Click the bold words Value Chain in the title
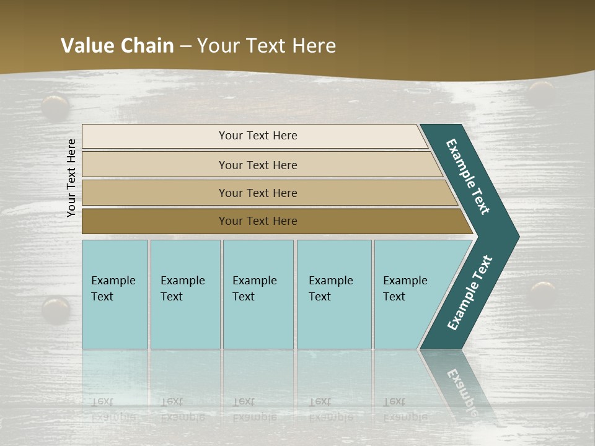[117, 46]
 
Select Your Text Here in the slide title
[267, 46]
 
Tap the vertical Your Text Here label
[71, 178]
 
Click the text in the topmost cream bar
[258, 136]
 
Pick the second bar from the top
[258, 165]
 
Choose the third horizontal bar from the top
[258, 193]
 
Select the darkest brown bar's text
[258, 221]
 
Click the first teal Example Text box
[114, 289]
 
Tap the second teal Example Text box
[185, 289]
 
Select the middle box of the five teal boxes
[257, 289]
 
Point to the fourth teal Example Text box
[333, 289]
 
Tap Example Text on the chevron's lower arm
[470, 293]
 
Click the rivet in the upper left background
[55, 106]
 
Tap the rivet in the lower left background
[56, 308]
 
